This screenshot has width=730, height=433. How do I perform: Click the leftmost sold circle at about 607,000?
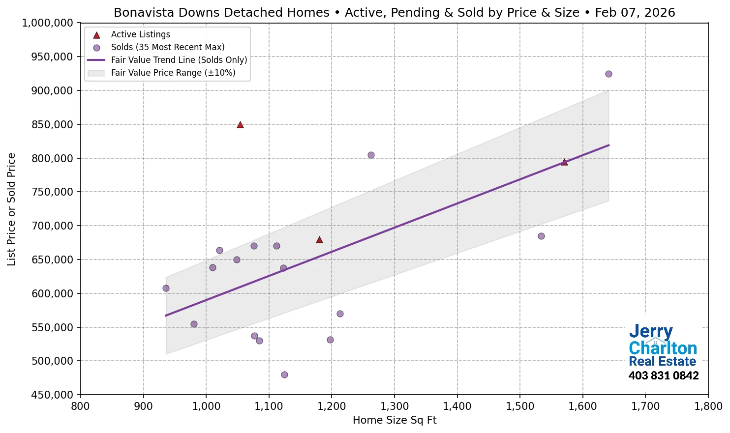pos(166,288)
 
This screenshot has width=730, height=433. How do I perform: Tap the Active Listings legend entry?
pos(140,34)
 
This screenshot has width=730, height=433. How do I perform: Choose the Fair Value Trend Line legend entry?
pos(179,60)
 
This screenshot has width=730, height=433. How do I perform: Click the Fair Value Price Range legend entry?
pos(173,73)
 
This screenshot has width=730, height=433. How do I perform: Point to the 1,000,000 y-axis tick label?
pos(48,23)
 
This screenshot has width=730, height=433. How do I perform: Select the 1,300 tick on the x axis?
pos(395,406)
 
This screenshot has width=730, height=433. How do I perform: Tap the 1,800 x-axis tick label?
pos(708,406)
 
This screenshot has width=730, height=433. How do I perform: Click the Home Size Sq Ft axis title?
pos(395,420)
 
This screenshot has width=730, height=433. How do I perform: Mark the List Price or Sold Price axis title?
pos(11,209)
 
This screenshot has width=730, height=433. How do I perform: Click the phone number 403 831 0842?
pos(663,376)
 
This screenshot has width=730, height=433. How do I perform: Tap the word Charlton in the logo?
pos(663,348)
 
